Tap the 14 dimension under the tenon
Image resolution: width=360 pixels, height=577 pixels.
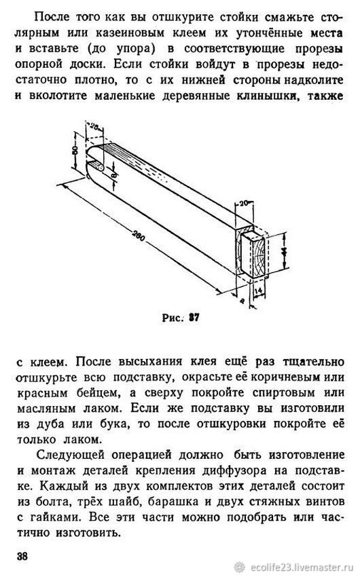click(x=259, y=291)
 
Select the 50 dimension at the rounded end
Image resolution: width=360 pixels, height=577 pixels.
click(x=76, y=150)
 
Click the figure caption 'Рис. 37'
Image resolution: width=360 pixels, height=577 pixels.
click(x=181, y=318)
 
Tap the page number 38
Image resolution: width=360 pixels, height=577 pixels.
click(x=22, y=556)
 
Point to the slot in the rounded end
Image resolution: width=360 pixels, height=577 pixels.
click(x=96, y=165)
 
